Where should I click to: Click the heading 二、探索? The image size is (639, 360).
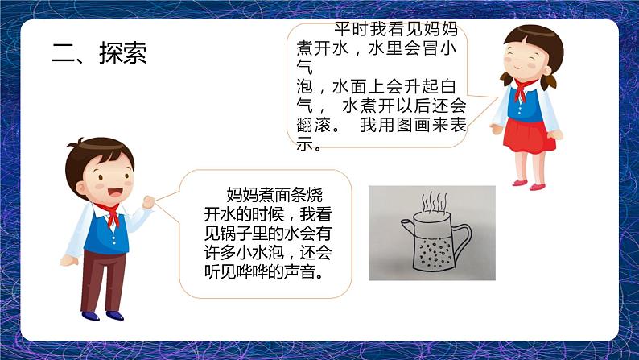click(99, 54)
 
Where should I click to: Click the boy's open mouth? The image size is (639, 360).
click(113, 191)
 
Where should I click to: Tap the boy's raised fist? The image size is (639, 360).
click(147, 201)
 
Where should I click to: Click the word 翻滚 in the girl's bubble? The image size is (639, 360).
click(310, 126)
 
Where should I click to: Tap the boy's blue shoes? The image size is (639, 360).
click(102, 315)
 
